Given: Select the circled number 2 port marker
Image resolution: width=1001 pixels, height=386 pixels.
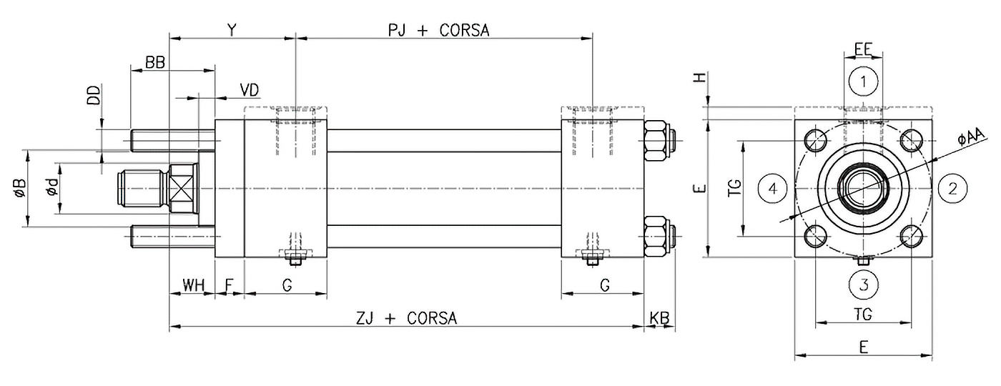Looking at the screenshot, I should [952, 189].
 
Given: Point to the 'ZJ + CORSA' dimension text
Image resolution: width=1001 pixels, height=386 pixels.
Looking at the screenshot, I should [407, 318].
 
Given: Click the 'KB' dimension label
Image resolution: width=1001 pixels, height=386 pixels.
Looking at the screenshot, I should [659, 318].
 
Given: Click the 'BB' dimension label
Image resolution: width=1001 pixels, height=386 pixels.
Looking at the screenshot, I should [155, 63].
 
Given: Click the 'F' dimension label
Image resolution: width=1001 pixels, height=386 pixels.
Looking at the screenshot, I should [229, 287].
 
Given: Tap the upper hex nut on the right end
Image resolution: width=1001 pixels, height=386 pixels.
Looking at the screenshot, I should [657, 140].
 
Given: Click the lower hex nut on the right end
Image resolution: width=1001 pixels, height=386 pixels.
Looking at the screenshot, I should [657, 237].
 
